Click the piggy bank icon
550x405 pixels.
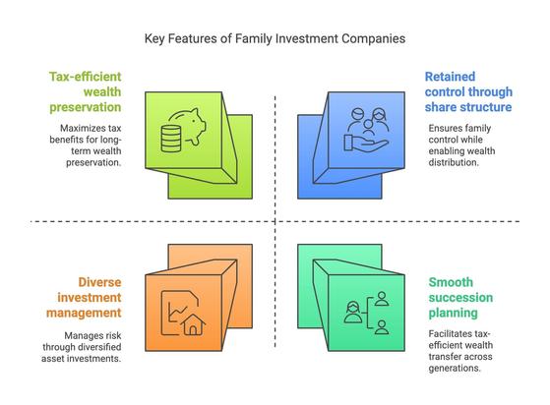(x=188, y=126)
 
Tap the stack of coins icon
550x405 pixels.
(x=171, y=139)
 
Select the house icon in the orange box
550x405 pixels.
(x=193, y=324)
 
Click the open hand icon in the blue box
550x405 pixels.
(x=366, y=144)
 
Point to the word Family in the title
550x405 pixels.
(x=254, y=38)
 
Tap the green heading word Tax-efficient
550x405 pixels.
(x=86, y=77)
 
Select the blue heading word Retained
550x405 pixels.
(x=450, y=77)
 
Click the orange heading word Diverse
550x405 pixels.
(x=99, y=282)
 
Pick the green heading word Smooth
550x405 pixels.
(x=451, y=282)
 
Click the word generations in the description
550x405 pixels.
(x=454, y=369)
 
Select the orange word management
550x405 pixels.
(x=84, y=313)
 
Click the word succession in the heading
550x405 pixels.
(x=460, y=298)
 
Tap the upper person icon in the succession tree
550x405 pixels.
(x=382, y=299)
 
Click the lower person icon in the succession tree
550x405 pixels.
(x=382, y=327)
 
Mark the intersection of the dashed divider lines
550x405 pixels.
(x=275, y=221)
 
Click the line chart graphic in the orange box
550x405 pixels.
(x=177, y=314)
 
